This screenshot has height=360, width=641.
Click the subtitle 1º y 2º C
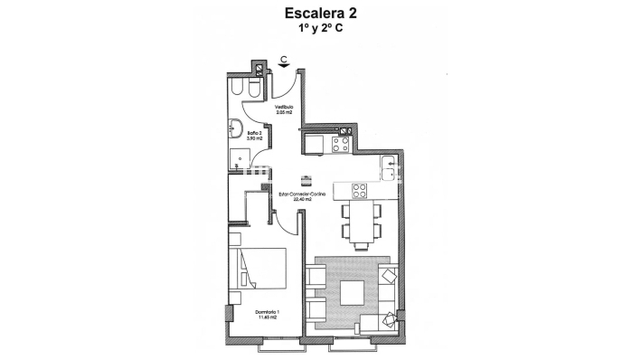coord(320,29)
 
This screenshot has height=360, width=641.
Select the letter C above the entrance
coord(284,60)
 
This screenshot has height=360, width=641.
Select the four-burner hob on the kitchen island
coord(358,190)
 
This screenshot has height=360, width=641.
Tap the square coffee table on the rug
coord(353,293)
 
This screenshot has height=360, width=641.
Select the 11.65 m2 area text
coord(266,317)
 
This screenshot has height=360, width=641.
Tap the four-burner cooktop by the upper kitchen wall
coord(342,143)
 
